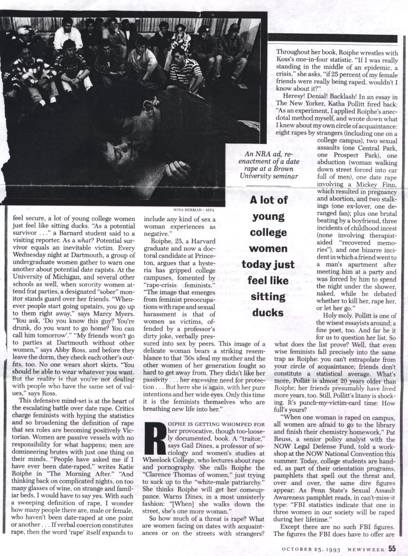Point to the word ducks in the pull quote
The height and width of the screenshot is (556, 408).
[267, 312]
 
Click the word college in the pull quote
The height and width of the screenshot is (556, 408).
[268, 232]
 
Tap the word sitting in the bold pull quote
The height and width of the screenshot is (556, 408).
[267, 296]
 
